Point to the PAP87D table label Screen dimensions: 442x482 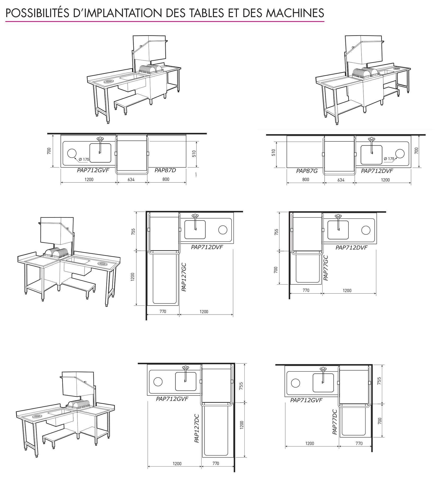[x=165, y=170]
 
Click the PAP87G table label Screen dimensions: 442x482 [x=307, y=171]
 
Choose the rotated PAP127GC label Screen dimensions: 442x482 [x=184, y=277]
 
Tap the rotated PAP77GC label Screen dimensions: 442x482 [x=326, y=268]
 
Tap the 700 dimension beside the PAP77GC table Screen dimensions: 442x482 [x=276, y=270]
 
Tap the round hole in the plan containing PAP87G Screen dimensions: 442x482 [x=400, y=153]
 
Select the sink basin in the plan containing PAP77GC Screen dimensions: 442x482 [x=338, y=230]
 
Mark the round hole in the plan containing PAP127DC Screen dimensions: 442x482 [x=158, y=382]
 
